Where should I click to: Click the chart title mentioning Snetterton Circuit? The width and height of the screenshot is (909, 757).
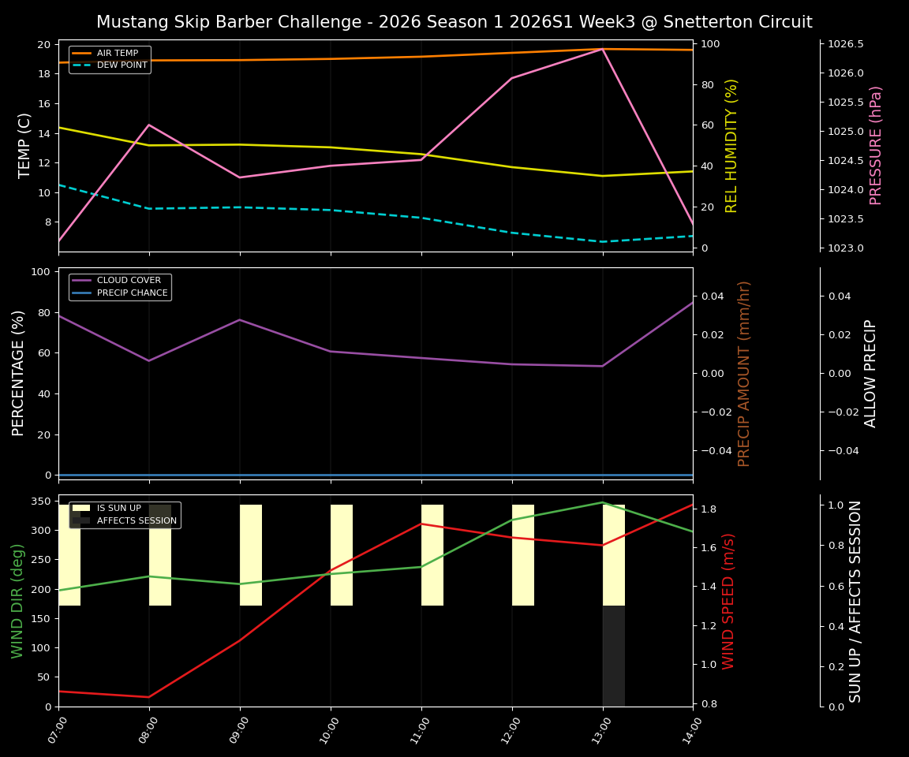pyautogui.click(x=454, y=22)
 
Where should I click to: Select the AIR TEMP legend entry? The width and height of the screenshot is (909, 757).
pyautogui.click(x=117, y=54)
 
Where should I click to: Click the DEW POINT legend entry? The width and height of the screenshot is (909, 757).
pyautogui.click(x=122, y=65)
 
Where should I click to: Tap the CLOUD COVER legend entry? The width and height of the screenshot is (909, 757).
pyautogui.click(x=128, y=281)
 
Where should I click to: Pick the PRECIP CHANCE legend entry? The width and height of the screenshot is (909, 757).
pyautogui.click(x=132, y=293)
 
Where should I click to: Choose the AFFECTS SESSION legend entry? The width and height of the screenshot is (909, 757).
pyautogui.click(x=136, y=521)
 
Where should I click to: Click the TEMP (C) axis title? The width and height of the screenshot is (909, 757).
pyautogui.click(x=25, y=145)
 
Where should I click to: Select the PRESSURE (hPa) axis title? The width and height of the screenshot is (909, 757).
pyautogui.click(x=876, y=145)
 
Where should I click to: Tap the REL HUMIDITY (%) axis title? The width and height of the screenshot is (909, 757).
pyautogui.click(x=731, y=145)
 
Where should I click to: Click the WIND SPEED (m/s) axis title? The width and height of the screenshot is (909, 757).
pyautogui.click(x=728, y=601)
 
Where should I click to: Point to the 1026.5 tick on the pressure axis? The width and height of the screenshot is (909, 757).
pyautogui.click(x=844, y=44)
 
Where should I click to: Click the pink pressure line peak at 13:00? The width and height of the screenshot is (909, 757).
pyautogui.click(x=603, y=49)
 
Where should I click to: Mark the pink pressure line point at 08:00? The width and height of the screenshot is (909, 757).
pyautogui.click(x=149, y=125)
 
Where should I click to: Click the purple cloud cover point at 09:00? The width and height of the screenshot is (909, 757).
pyautogui.click(x=240, y=319)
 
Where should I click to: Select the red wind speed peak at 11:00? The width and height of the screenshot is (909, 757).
pyautogui.click(x=421, y=524)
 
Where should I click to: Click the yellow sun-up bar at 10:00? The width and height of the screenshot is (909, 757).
pyautogui.click(x=342, y=555)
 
